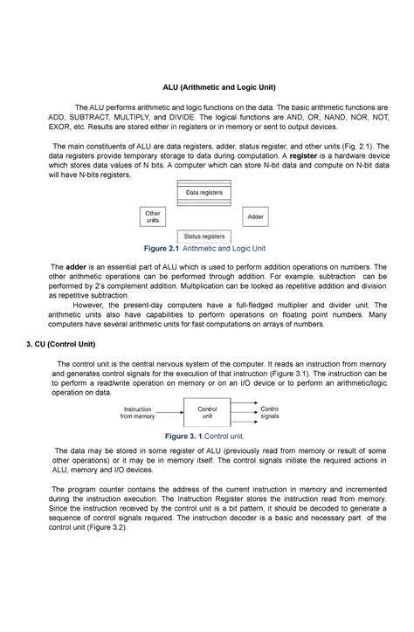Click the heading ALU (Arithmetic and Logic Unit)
click(206, 88)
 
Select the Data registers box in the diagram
click(204, 192)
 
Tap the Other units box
click(153, 216)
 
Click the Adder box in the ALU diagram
click(255, 216)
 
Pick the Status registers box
click(204, 237)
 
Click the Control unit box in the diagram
click(208, 413)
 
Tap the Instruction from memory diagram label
click(138, 413)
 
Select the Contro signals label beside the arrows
click(271, 412)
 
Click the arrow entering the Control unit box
click(171, 413)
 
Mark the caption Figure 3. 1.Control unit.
click(205, 435)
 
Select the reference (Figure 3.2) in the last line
click(103, 527)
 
